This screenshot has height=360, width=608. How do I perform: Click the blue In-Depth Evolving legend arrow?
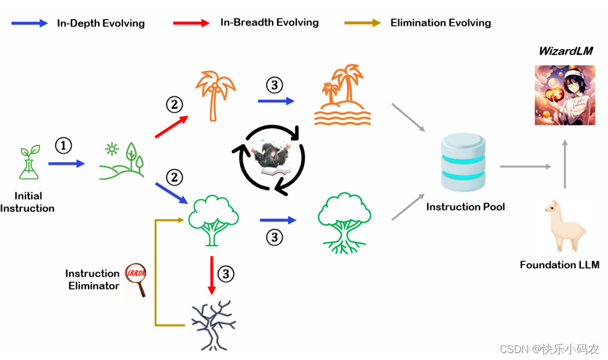30,23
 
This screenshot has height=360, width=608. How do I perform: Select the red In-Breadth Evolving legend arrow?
191,23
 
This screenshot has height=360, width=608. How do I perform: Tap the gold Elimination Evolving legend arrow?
362,23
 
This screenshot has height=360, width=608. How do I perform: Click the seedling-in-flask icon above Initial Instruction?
28,162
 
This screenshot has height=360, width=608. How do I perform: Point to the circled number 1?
64,146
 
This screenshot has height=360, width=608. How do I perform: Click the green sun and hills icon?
121,159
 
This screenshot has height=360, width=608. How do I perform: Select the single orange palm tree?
215,95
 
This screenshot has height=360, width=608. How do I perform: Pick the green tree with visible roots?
345,222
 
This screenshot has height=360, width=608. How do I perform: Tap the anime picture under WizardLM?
565,95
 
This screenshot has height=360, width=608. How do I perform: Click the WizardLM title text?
566,51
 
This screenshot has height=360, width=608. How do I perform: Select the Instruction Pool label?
465,207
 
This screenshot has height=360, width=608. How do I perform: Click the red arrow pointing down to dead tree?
211,274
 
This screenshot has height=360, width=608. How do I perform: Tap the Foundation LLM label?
559,265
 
